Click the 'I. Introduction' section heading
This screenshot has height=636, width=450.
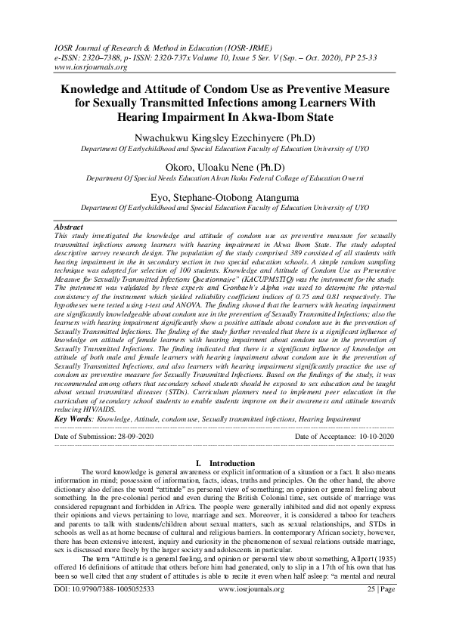tap(225, 462)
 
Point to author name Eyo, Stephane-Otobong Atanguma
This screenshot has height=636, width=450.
tap(225, 193)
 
